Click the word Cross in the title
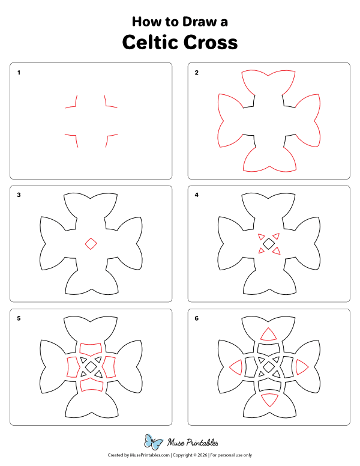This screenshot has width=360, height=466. tap(208, 43)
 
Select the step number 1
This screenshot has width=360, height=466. tap(19, 73)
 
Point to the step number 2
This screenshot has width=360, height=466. tap(196, 73)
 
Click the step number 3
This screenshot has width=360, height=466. tap(19, 195)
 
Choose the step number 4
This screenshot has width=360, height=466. tap(196, 195)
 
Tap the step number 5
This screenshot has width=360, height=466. tap(19, 318)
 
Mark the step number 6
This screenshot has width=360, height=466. tap(196, 318)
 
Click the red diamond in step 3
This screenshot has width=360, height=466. tap(91, 243)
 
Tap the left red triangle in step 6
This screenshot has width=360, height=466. tap(235, 368)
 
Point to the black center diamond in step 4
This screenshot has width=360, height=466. tap(268, 243)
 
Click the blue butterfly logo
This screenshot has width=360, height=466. tap(154, 443)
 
